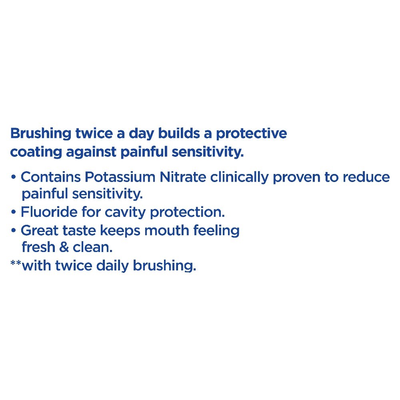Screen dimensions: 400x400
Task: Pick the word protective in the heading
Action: tap(252, 134)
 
